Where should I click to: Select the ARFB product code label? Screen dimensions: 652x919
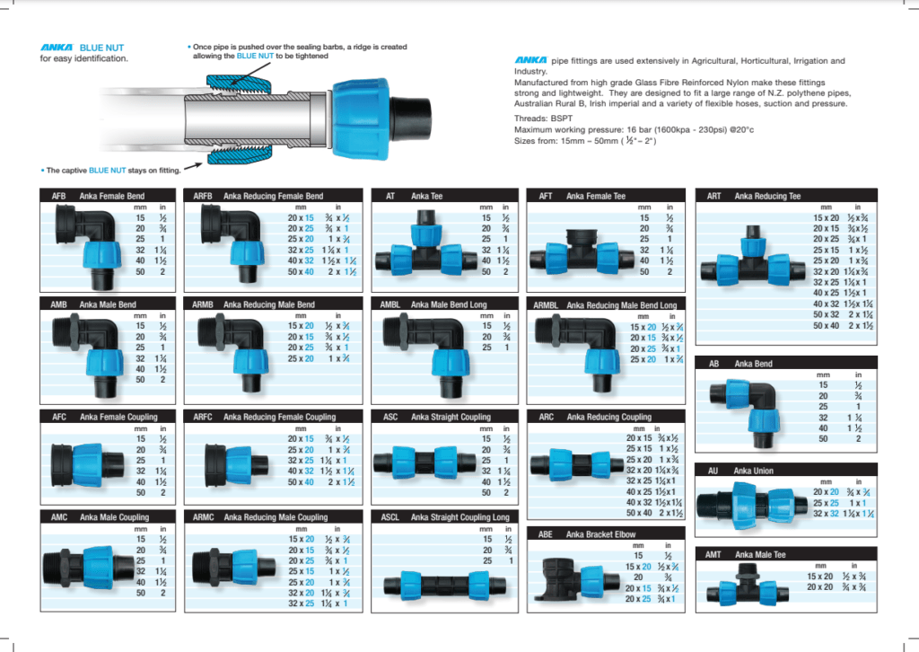pos(204,196)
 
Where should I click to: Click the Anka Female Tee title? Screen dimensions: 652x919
pos(595,196)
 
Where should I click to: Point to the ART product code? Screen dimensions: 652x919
pos(713,196)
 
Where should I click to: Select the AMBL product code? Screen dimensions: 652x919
pos(390,305)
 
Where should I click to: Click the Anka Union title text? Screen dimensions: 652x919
pos(753,471)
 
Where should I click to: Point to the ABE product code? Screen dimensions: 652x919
pos(545,533)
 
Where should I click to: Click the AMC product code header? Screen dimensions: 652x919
pos(59,517)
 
